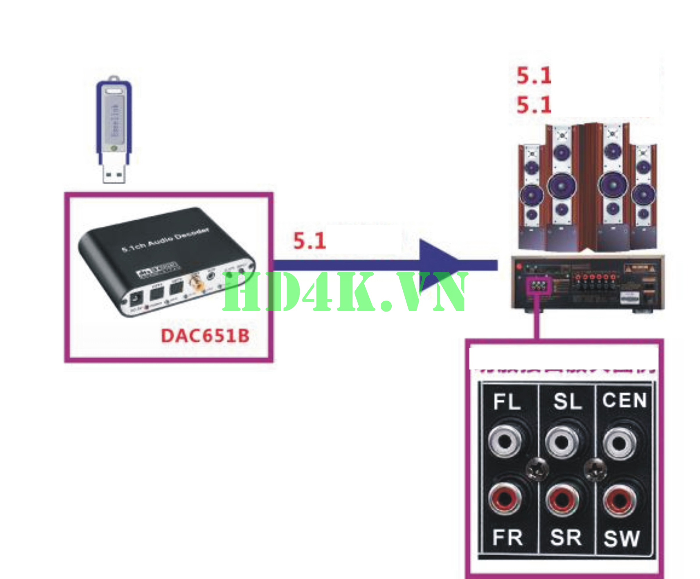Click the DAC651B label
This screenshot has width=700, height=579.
[205, 336]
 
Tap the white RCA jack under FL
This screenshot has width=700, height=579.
[505, 442]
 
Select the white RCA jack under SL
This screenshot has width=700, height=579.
[562, 442]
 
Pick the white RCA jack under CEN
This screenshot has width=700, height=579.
[619, 443]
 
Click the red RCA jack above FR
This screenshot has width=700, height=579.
[505, 498]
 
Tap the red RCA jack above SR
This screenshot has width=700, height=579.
[562, 499]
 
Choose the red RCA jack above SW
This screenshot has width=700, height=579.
[619, 500]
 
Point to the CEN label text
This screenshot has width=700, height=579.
[624, 400]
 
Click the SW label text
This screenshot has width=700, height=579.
[622, 539]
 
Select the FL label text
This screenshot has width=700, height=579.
[507, 402]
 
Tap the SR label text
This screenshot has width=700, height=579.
[566, 537]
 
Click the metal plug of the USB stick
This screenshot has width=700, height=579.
[114, 173]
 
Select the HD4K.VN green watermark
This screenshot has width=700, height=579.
[345, 292]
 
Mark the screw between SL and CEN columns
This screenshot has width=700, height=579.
[595, 469]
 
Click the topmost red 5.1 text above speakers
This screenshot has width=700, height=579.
[534, 76]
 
